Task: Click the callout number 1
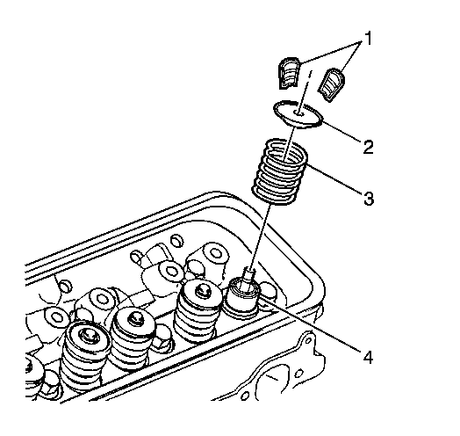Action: [x=368, y=39]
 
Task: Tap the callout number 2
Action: [x=368, y=147]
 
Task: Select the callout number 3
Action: [x=369, y=198]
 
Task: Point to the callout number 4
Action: [x=368, y=357]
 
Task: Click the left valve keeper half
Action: [x=290, y=73]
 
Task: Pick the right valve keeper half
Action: [x=332, y=85]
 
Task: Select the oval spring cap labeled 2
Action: [x=298, y=114]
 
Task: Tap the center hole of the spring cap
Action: [x=299, y=113]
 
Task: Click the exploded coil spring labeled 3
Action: [x=280, y=171]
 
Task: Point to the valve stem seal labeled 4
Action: [x=241, y=300]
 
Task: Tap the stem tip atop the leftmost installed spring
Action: [x=88, y=337]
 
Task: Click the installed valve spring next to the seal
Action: [x=198, y=311]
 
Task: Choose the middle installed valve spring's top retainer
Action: [x=134, y=321]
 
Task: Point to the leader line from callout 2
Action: [x=341, y=131]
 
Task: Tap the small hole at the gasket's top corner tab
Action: [x=308, y=340]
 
